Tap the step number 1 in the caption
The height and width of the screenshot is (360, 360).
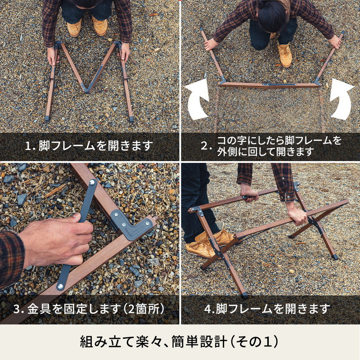coord(28,146)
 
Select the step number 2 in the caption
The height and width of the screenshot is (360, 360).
coord(204,146)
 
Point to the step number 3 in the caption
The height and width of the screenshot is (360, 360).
coord(16,309)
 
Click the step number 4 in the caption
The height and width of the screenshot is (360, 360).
coord(207,309)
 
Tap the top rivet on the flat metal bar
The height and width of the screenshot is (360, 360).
coord(92,183)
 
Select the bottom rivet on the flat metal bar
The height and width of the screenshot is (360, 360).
coord(60,286)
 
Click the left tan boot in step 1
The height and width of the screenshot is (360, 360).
coord(74,27)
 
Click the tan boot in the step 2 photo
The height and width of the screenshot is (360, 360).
coord(285,55)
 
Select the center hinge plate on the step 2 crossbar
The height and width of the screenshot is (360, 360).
coord(279,85)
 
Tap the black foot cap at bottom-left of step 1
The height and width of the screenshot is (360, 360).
coord(47,119)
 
